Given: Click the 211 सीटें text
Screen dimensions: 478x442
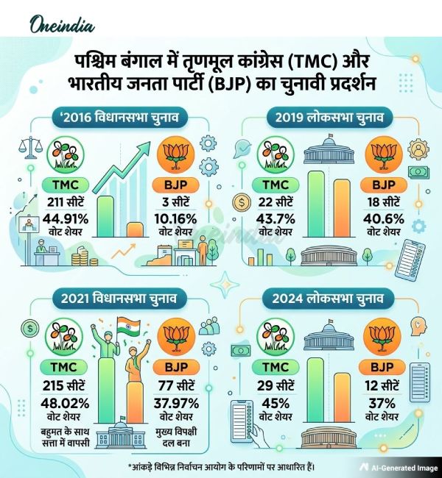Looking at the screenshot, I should click(68, 201).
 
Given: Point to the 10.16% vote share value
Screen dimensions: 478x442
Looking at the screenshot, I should click(175, 218).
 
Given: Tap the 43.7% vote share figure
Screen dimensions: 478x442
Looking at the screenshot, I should click(274, 218).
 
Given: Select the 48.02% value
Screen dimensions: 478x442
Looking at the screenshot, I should click(68, 402).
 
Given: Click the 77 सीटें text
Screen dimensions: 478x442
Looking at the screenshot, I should click(175, 385).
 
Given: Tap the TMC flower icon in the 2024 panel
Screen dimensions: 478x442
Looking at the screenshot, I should click(274, 340).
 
